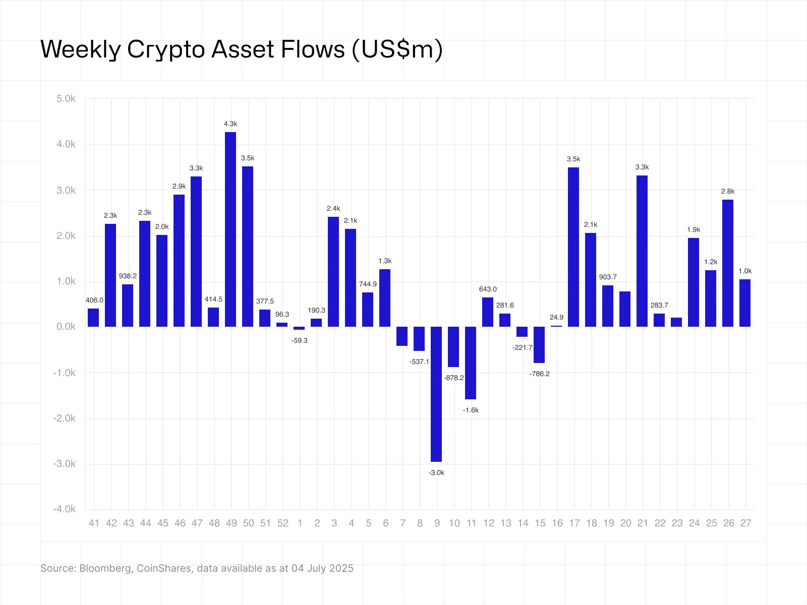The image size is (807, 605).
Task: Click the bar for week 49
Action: tap(230, 229)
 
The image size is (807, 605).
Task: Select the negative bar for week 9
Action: tap(436, 394)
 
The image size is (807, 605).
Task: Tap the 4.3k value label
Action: tap(230, 124)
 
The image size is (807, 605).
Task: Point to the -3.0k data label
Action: tap(436, 473)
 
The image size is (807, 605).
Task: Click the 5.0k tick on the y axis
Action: tap(66, 99)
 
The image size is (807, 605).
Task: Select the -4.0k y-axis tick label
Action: tap(65, 509)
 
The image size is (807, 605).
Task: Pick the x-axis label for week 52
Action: tap(282, 523)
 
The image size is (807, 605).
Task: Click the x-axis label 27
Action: tap(745, 523)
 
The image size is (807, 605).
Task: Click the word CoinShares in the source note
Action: tap(164, 568)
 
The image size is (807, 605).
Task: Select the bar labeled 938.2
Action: tap(128, 306)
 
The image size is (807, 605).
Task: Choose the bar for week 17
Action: tap(573, 247)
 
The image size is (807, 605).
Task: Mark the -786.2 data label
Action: tap(539, 374)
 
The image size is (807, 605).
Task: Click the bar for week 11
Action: tap(471, 363)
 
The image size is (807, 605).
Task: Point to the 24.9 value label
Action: tap(556, 318)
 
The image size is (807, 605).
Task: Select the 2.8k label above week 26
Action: tap(728, 192)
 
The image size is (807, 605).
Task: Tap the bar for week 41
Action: tap(93, 318)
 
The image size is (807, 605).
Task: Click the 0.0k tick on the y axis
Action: tap(66, 327)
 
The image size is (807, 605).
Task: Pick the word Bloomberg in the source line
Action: tap(106, 568)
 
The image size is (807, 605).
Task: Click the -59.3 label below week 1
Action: tap(300, 341)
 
